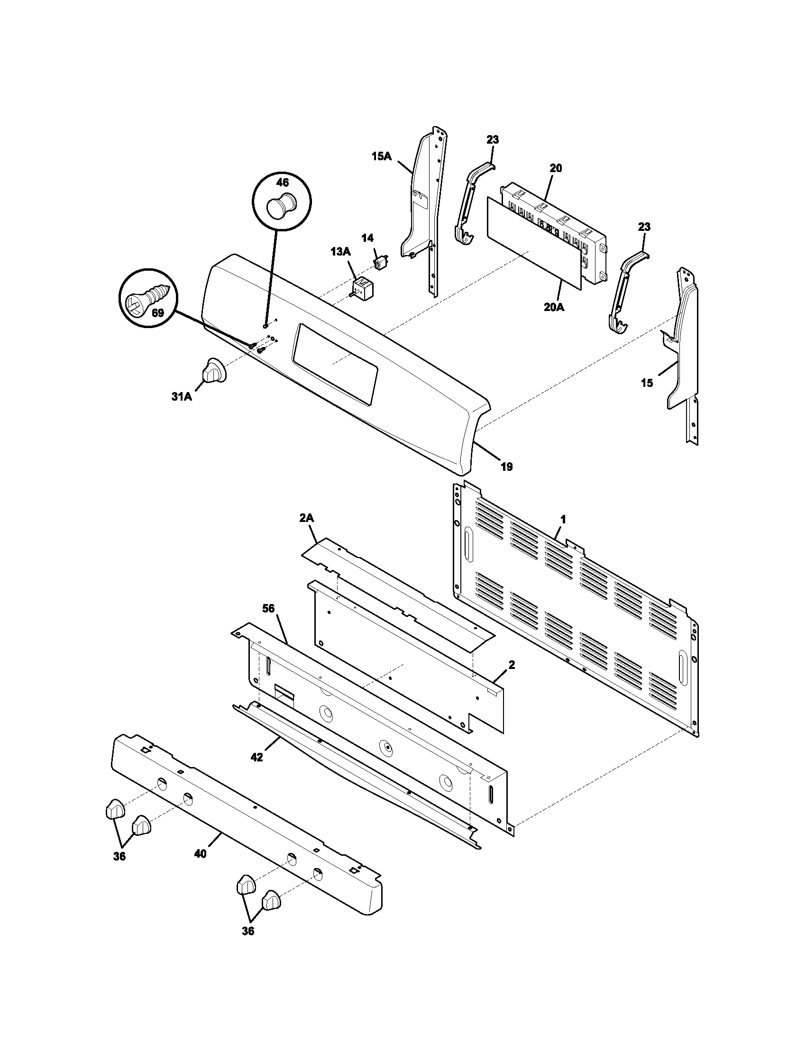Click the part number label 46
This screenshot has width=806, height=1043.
click(x=282, y=182)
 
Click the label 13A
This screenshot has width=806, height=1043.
click(x=340, y=252)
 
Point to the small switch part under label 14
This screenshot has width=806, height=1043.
click(x=381, y=262)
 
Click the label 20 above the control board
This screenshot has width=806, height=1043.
click(x=555, y=168)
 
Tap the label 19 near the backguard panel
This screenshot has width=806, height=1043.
click(x=507, y=467)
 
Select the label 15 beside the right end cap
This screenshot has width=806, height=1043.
click(x=647, y=383)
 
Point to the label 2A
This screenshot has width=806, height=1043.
click(x=307, y=519)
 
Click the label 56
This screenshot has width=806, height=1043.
click(x=269, y=608)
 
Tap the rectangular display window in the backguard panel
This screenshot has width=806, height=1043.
click(x=336, y=365)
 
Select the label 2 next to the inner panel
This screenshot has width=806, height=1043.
click(x=512, y=664)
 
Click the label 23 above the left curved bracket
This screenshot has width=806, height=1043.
click(x=492, y=139)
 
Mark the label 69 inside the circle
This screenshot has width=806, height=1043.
click(x=157, y=313)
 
